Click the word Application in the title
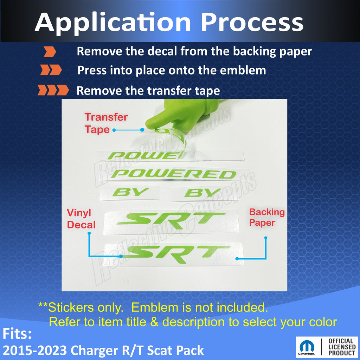pyautogui.click(x=113, y=23)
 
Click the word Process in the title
pyautogui.click(x=252, y=22)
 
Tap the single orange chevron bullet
pyautogui.click(x=50, y=51)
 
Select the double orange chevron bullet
pyautogui.click(x=51, y=70)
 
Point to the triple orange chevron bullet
pyautogui.click(x=53, y=90)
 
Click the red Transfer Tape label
pyautogui.click(x=106, y=123)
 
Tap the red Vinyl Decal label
pyautogui.click(x=81, y=219)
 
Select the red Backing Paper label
pyautogui.click(x=267, y=217)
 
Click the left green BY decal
pyautogui.click(x=131, y=192)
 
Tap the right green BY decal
pyautogui.click(x=203, y=193)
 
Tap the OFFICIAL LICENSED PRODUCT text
pyautogui.click(x=342, y=347)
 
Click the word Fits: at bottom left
pyautogui.click(x=17, y=334)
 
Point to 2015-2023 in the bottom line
pyautogui.click(x=35, y=351)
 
